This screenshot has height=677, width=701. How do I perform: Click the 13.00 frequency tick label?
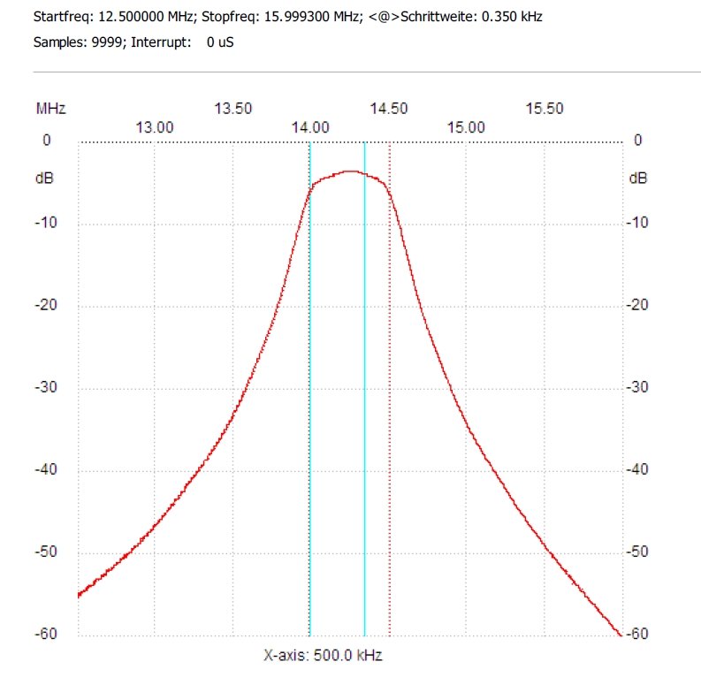point(155,126)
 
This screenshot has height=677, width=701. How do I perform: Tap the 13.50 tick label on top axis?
point(233,109)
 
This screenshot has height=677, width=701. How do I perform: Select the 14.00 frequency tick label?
point(310,126)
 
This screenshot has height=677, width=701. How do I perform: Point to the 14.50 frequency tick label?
point(389,109)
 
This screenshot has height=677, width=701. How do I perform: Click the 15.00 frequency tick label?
point(466,126)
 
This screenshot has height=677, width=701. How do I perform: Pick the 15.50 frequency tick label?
point(544,109)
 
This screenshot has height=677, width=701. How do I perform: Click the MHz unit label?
point(50,109)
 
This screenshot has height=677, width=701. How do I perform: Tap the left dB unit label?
point(43,178)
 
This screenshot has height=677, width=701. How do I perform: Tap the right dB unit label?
point(638,178)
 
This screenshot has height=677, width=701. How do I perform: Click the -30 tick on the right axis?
point(638,387)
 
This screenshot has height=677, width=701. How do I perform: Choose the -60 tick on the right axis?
point(638,635)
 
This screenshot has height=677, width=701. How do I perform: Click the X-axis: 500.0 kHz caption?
point(323,656)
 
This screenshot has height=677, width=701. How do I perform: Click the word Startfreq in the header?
point(61,17)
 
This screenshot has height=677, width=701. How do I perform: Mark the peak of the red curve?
point(352,171)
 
